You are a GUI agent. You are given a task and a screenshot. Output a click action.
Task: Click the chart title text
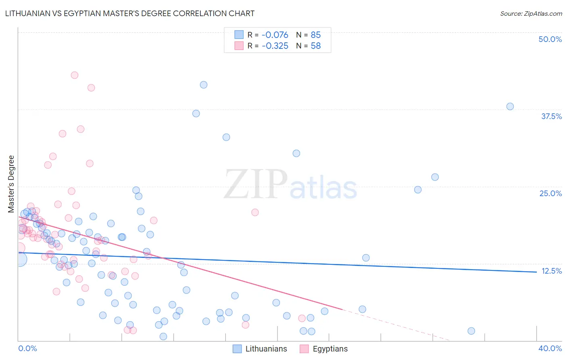(129, 13)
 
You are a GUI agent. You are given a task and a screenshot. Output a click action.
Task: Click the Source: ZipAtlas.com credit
(531, 13)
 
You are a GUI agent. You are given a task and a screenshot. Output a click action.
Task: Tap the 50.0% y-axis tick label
(550, 39)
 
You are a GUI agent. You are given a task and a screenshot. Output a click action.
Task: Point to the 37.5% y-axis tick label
(551, 116)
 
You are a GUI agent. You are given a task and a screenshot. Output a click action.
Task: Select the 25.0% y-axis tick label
(550, 193)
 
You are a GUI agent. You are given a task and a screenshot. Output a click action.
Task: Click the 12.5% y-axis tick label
(551, 271)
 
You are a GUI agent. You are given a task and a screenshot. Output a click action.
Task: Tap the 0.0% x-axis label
(28, 348)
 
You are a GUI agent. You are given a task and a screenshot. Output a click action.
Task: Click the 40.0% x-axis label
(550, 348)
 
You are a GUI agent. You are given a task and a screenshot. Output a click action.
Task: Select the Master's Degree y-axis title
(11, 184)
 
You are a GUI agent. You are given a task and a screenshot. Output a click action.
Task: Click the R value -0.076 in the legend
(275, 35)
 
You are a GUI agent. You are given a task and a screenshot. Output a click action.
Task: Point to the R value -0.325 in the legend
(275, 46)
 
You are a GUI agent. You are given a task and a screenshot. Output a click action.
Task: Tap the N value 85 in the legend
(315, 35)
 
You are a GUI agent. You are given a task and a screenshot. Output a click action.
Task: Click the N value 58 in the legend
(315, 46)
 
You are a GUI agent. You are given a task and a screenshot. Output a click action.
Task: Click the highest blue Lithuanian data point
(204, 85)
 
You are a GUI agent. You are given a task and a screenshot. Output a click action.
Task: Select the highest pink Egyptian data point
(75, 75)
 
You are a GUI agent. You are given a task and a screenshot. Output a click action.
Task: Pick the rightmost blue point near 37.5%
(510, 107)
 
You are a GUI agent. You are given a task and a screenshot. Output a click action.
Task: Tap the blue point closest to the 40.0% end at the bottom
(471, 331)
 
